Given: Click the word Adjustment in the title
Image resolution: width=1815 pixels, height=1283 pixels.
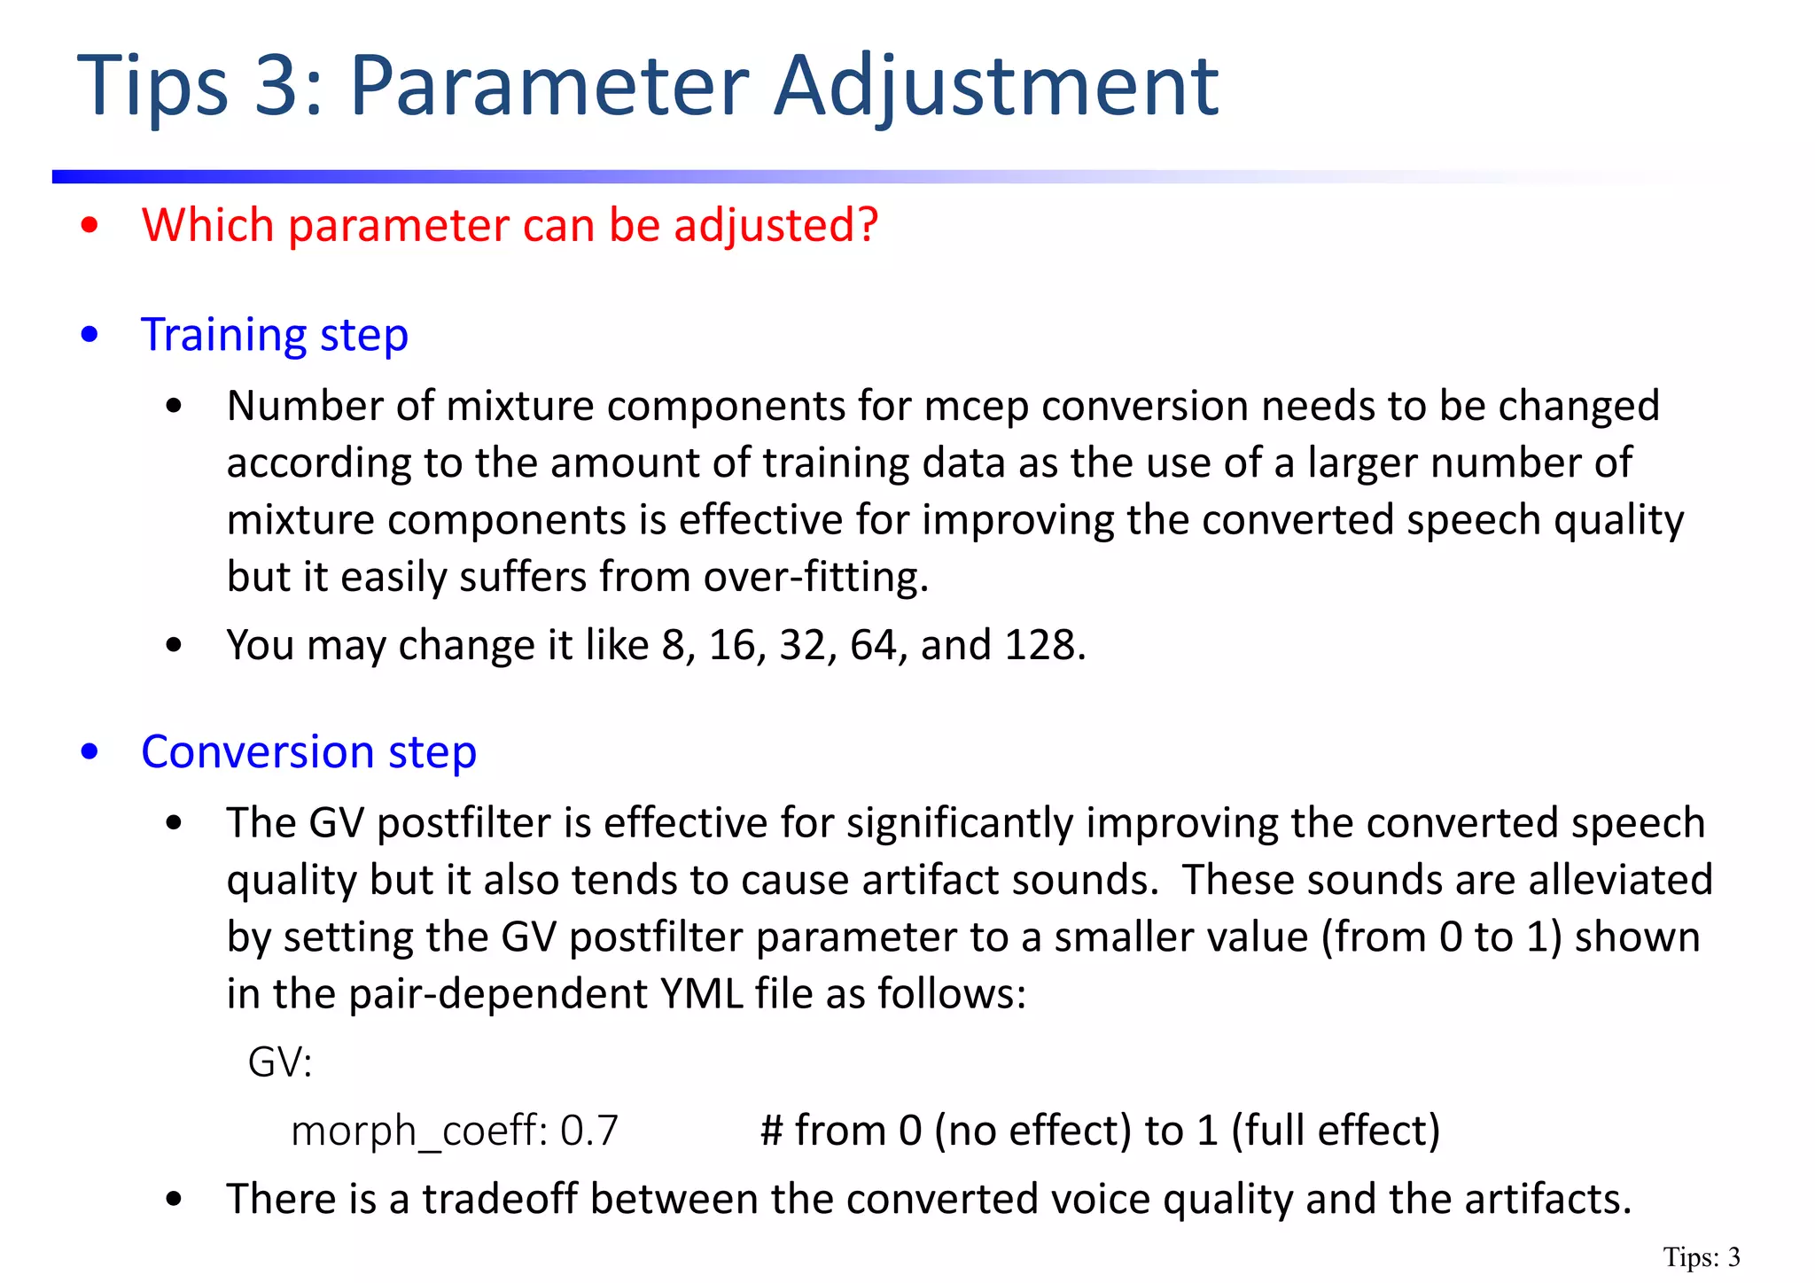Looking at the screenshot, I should tap(996, 87).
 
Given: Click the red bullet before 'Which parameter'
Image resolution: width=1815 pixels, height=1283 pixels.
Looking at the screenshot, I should tap(89, 226).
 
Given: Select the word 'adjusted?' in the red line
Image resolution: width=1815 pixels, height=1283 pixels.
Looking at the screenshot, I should tap(776, 226).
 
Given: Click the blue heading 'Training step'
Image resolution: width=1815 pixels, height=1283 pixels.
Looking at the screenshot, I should tap(275, 336).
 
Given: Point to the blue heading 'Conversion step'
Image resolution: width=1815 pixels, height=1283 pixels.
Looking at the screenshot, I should tap(308, 752).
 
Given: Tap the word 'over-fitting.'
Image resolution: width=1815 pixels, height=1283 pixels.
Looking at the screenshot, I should tap(816, 578).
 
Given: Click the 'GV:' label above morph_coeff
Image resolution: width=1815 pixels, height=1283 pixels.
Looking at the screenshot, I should tap(280, 1061).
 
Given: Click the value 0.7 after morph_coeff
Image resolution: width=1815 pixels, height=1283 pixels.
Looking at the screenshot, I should tap(590, 1131).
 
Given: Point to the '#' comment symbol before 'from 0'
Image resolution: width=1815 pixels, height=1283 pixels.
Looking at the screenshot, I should tap(772, 1131).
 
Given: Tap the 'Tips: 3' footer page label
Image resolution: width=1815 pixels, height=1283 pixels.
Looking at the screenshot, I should tap(1702, 1257).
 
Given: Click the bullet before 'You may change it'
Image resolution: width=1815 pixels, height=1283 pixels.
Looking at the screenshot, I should tap(174, 646).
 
